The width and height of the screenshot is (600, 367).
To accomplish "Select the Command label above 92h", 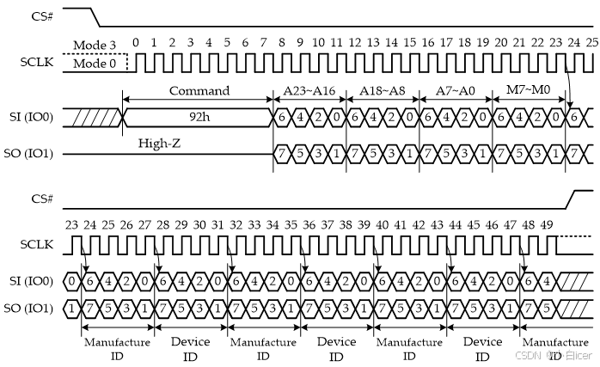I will [199, 90].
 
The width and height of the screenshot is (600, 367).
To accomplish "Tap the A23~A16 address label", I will [309, 90].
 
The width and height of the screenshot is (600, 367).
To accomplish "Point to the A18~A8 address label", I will [382, 90].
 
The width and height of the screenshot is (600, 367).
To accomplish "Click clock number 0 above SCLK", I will [136, 42].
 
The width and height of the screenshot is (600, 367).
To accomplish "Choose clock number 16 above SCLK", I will [427, 42].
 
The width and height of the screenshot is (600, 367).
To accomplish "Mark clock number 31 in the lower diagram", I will [216, 224].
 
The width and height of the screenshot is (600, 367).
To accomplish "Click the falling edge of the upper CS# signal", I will [96, 17].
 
